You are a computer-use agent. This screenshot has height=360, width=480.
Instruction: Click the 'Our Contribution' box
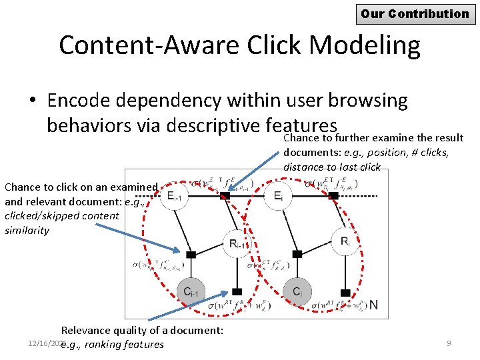pos(415,13)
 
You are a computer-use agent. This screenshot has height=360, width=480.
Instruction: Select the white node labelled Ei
pos(279,195)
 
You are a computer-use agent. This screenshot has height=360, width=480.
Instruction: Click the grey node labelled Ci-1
pos(191,291)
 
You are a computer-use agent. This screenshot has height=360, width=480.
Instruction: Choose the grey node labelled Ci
pos(297,291)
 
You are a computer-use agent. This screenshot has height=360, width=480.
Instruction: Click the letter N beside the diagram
pos(374,305)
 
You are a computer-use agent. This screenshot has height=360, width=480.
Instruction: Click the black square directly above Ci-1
pos(191,254)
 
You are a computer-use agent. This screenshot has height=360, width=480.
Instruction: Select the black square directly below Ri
pos(345,292)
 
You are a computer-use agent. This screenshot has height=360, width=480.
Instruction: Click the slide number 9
pos(449,343)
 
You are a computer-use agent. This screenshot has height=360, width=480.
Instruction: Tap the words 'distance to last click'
pos(331,167)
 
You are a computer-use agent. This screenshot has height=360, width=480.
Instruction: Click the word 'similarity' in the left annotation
pos(27,230)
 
